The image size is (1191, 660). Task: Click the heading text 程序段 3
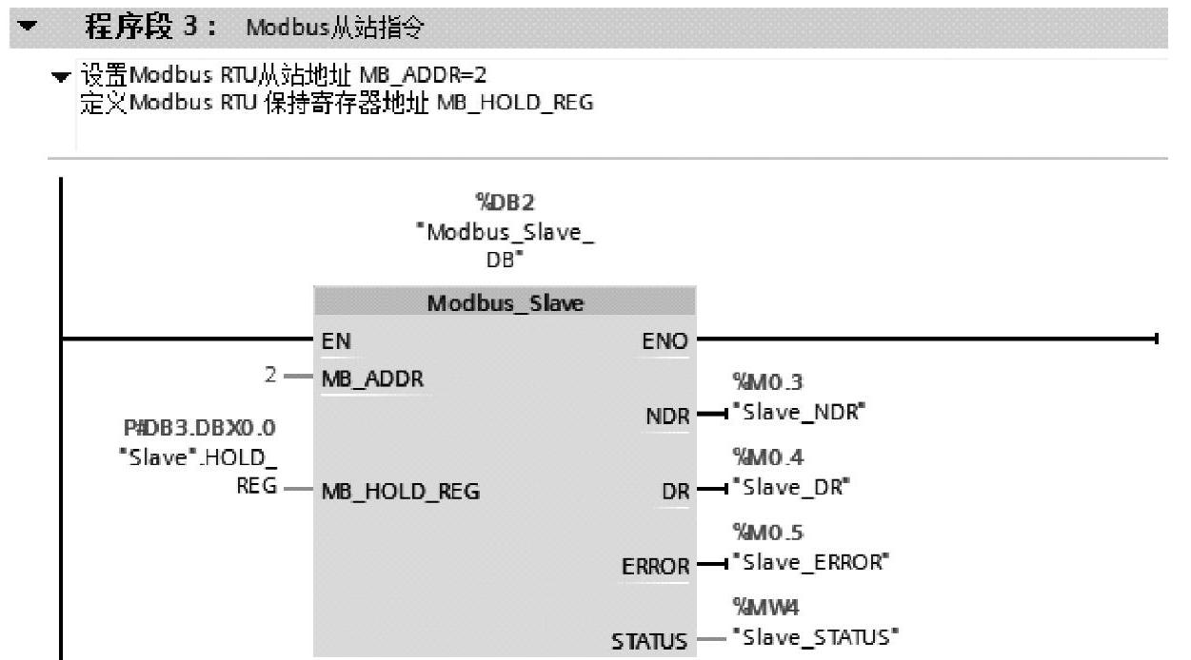[151, 28]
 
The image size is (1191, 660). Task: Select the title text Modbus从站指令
[334, 29]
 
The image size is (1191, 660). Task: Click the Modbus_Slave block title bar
[505, 302]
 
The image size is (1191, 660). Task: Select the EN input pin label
[335, 340]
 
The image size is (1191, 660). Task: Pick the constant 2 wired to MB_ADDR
[271, 376]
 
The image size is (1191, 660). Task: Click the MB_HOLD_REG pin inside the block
[401, 492]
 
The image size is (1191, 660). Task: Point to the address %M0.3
[755, 382]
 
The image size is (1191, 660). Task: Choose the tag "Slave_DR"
[791, 488]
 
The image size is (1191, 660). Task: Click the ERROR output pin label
[655, 567]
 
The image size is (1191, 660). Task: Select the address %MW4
[755, 605]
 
